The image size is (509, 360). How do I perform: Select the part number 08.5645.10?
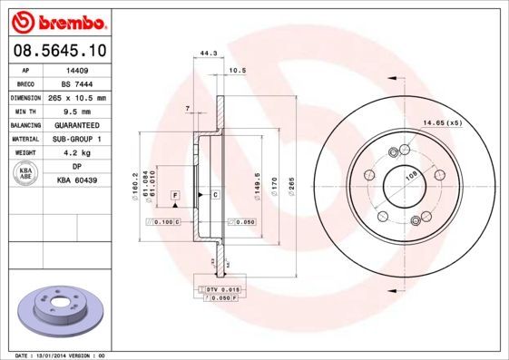[x=56, y=51]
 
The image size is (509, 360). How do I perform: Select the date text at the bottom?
[x=54, y=355]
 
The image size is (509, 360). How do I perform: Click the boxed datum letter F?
[x=173, y=195]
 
